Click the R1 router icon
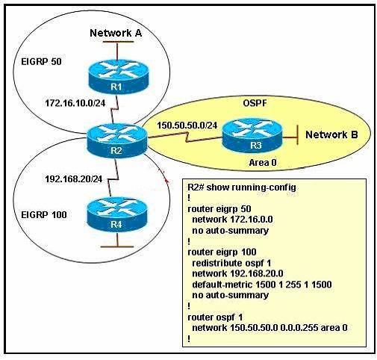click(x=119, y=77)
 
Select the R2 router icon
click(x=117, y=140)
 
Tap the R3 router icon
click(x=252, y=135)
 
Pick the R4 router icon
click(x=117, y=214)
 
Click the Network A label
click(x=116, y=33)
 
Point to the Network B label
click(x=331, y=134)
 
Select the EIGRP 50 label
click(x=41, y=61)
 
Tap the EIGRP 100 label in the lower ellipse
click(x=44, y=214)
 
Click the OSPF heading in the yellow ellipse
click(x=255, y=103)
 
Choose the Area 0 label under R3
click(x=263, y=163)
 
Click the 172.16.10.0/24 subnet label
click(x=75, y=103)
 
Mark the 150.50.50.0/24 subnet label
click(x=187, y=125)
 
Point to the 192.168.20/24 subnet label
click(x=74, y=179)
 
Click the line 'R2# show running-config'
click(x=242, y=187)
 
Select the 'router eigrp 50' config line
click(x=219, y=209)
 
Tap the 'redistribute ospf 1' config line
click(x=231, y=263)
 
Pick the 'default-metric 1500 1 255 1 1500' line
click(x=262, y=285)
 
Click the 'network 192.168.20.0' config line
click(x=237, y=273)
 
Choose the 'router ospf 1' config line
click(x=215, y=317)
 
